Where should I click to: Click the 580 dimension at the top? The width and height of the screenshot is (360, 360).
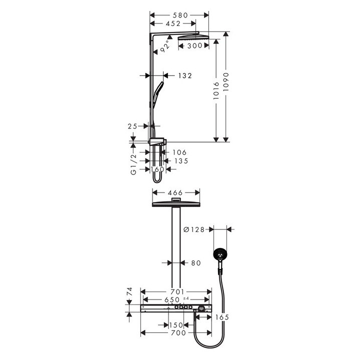click(x=178, y=15)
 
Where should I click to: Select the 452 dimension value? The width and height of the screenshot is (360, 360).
click(x=172, y=23)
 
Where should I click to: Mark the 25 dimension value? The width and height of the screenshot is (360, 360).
click(x=132, y=127)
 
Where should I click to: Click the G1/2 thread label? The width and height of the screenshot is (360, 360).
click(x=133, y=165)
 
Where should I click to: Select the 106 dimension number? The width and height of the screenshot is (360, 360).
click(x=178, y=152)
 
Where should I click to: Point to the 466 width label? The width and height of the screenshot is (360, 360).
click(x=175, y=192)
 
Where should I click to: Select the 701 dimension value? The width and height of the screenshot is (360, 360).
click(x=178, y=291)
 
